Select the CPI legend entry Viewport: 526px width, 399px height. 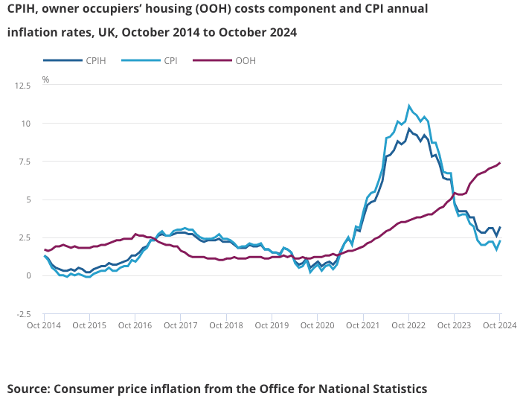click(x=170, y=60)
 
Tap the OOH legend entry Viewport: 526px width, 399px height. click(x=245, y=60)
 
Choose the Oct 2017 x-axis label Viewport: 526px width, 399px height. click(x=180, y=325)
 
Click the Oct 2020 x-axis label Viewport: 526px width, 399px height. click(x=317, y=325)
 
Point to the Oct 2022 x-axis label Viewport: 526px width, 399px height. click(x=408, y=325)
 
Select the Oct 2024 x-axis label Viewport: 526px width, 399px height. click(x=499, y=325)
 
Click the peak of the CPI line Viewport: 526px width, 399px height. click(x=409, y=106)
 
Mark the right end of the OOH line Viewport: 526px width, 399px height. click(x=500, y=163)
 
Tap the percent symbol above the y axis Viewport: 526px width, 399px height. click(x=45, y=79)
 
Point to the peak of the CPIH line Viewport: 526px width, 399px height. click(x=409, y=129)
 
